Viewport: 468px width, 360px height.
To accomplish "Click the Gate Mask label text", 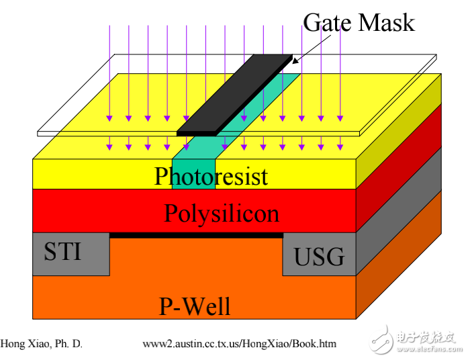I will click(359, 23).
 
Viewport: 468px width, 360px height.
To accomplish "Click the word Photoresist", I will click(211, 176).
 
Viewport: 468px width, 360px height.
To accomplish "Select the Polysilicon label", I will click(222, 213).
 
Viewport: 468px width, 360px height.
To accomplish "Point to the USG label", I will click(320, 256).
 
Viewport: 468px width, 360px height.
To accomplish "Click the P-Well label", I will click(195, 306).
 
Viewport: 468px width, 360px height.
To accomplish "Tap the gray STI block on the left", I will click(71, 265).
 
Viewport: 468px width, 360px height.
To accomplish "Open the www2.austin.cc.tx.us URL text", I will click(239, 344).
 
